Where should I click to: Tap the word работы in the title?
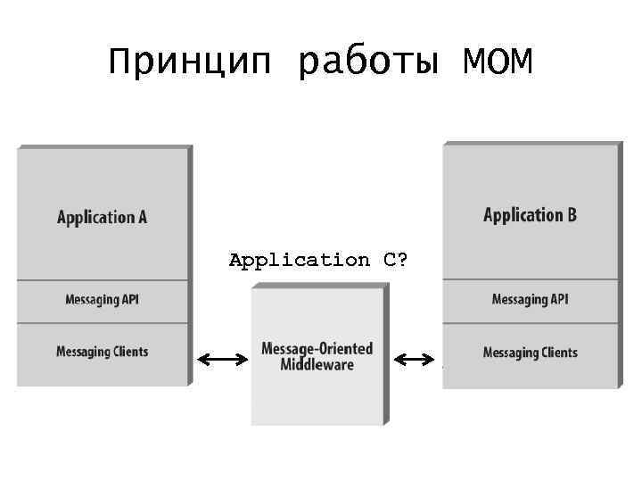369,62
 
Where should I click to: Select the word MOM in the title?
498,62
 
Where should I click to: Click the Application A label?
102,217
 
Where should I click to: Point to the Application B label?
530,215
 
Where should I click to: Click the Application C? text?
318,261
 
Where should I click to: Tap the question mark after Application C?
403,261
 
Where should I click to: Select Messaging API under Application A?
103,300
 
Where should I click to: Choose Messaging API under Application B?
530,300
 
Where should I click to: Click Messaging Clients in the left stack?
103,352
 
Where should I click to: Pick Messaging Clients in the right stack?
530,353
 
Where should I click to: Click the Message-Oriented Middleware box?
317,375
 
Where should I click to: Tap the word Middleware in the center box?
317,364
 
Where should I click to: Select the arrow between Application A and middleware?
223,360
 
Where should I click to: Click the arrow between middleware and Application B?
414,360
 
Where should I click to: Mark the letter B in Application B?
571,215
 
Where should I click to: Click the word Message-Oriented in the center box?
317,348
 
